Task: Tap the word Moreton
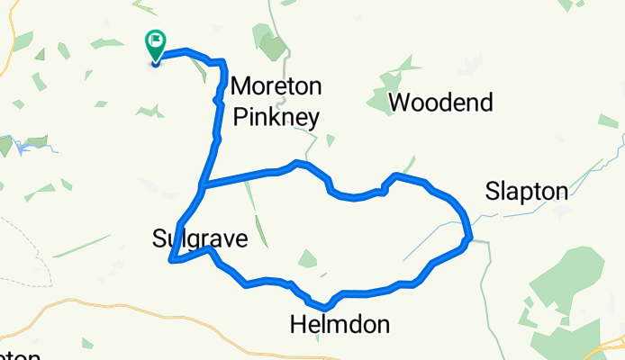(276, 87)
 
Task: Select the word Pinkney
(276, 115)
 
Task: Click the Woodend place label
(442, 103)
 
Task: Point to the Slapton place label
(527, 191)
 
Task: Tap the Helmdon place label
(340, 324)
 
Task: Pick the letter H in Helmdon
(298, 324)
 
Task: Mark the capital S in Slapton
(492, 191)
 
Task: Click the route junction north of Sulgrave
(203, 187)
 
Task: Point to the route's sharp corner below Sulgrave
(170, 262)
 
